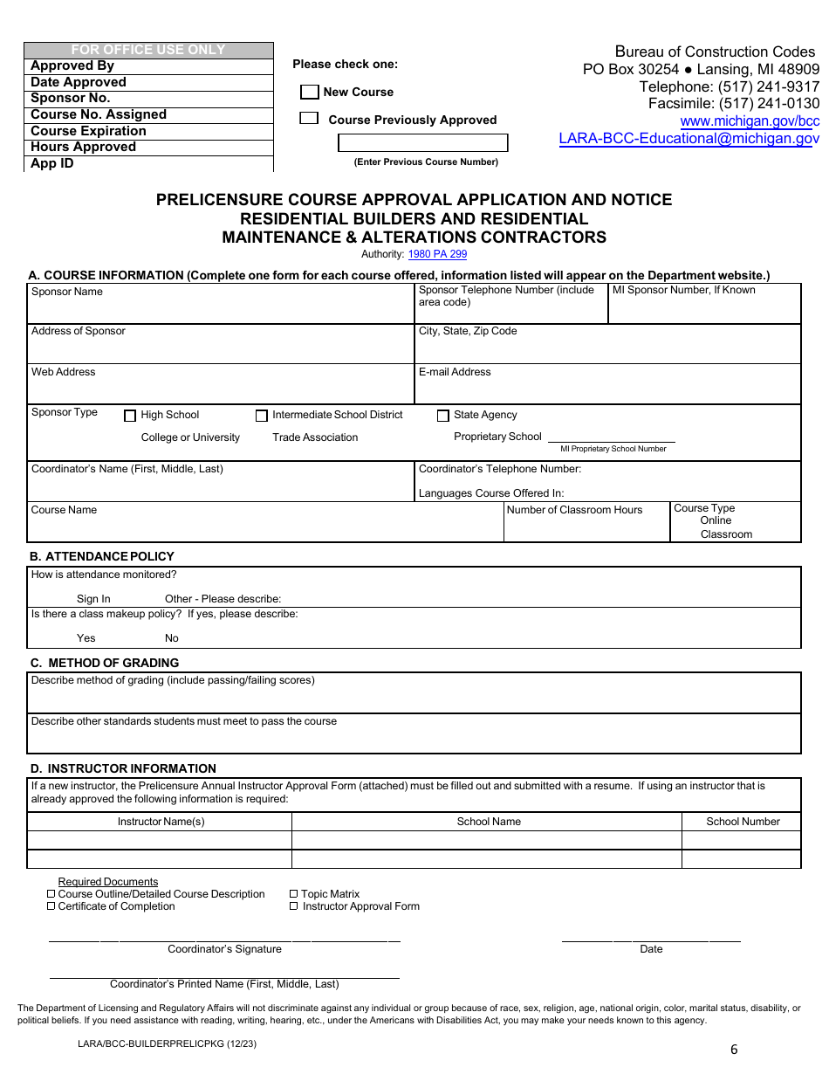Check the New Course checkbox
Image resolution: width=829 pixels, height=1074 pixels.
click(x=309, y=92)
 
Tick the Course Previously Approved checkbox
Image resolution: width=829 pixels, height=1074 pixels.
click(x=309, y=118)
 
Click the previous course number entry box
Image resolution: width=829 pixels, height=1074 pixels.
click(x=422, y=143)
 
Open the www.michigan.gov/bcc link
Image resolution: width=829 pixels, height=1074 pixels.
click(x=750, y=121)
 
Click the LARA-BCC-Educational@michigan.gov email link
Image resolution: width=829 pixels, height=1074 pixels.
click(x=689, y=138)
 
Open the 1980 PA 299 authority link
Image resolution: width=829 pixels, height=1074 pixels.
click(x=437, y=254)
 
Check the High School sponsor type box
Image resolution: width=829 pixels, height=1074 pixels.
click(x=130, y=417)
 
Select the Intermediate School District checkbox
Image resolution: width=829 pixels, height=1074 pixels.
click(x=262, y=416)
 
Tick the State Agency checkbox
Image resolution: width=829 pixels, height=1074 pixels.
click(x=443, y=416)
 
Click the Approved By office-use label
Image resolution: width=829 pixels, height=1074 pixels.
click(x=72, y=66)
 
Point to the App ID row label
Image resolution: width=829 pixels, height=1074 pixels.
click(x=52, y=163)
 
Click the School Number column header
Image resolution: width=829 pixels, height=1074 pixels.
click(x=743, y=822)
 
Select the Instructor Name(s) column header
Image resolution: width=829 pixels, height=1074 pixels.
click(x=161, y=822)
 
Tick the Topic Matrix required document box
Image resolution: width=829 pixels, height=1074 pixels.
click(x=294, y=894)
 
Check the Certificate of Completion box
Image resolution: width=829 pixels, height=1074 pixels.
click(x=51, y=906)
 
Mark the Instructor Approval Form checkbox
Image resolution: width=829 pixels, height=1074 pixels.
click(x=294, y=906)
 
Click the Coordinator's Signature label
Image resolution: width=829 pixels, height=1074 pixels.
click(x=224, y=949)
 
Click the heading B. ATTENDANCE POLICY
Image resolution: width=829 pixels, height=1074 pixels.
click(x=102, y=556)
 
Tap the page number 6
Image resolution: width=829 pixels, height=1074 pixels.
click(x=734, y=1050)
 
